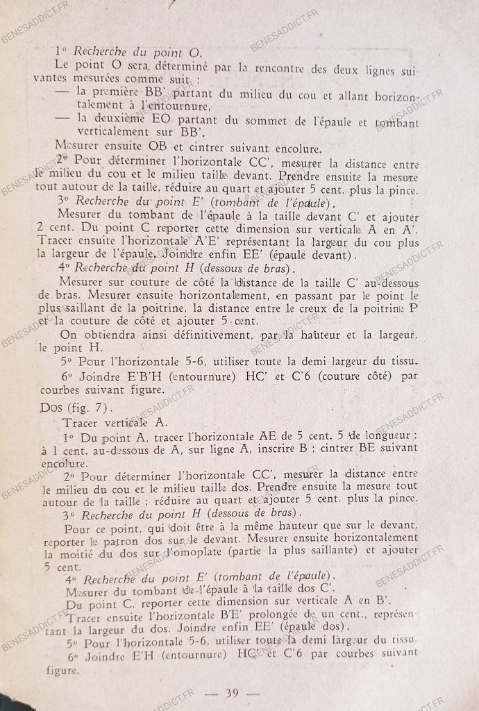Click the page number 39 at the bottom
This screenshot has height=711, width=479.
point(233,692)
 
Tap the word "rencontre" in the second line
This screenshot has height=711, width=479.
point(285,68)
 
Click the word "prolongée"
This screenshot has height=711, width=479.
point(270,616)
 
